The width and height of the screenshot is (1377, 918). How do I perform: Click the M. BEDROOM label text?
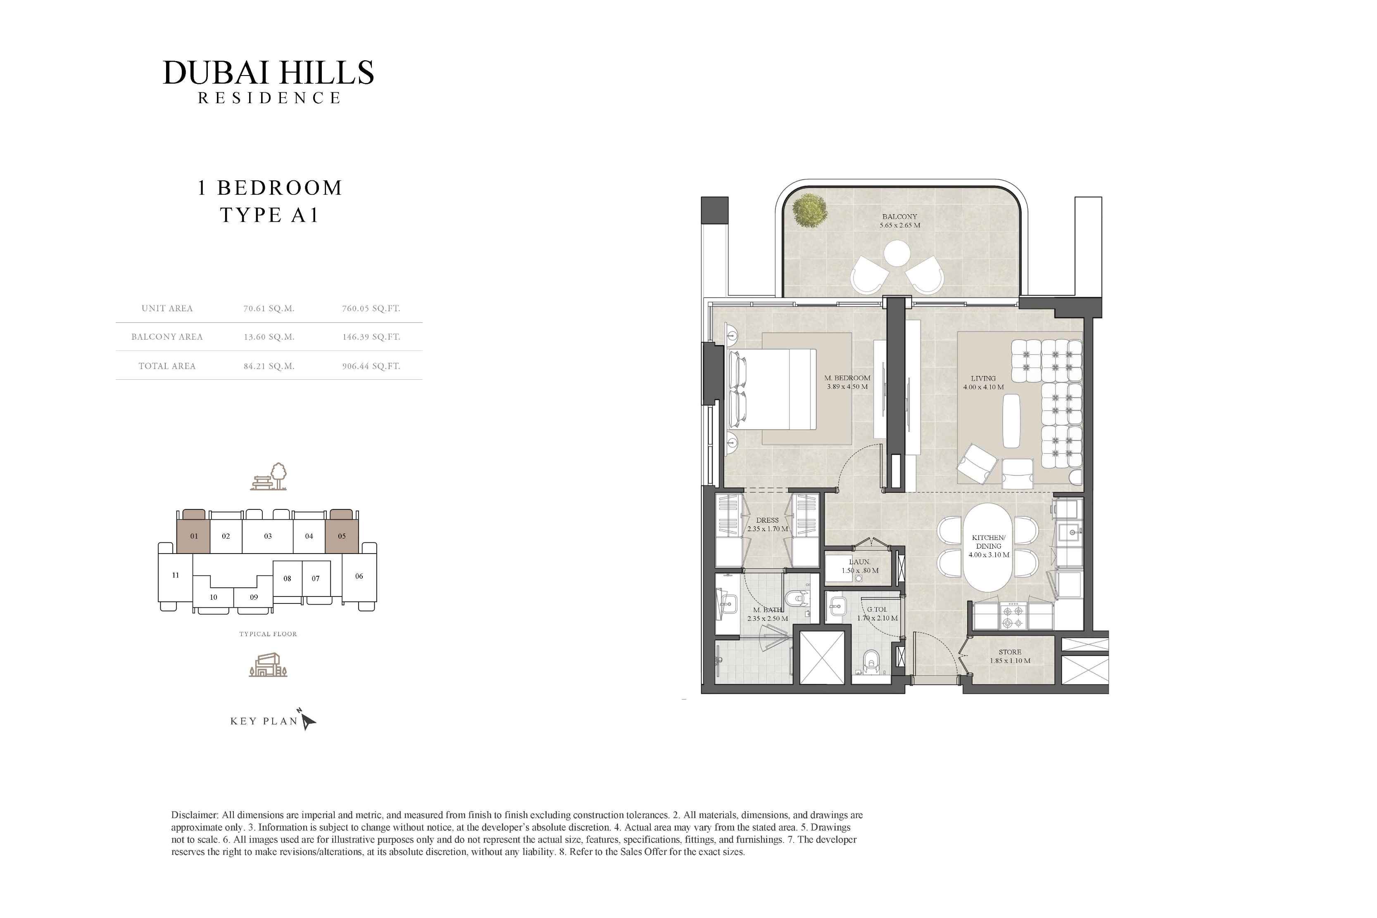pos(847,378)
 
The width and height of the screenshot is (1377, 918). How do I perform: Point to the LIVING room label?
pos(982,378)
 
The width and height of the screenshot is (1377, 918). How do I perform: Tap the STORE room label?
pos(1010,652)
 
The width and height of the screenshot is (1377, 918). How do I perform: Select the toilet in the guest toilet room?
pos(871,663)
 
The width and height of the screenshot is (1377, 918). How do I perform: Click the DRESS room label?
pos(767,520)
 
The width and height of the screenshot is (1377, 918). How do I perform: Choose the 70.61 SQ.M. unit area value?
pos(269,308)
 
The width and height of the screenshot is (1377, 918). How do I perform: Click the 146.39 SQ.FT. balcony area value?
pos(371,337)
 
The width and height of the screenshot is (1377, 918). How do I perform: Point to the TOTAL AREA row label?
pos(167,366)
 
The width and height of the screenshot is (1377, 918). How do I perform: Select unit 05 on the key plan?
pos(342,536)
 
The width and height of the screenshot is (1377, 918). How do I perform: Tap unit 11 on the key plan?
pos(175,575)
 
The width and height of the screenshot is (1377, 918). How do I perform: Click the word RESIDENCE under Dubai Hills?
pos(269,98)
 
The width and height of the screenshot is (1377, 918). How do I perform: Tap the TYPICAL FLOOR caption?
pos(268,634)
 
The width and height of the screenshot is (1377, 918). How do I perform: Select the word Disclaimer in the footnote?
pos(195,815)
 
